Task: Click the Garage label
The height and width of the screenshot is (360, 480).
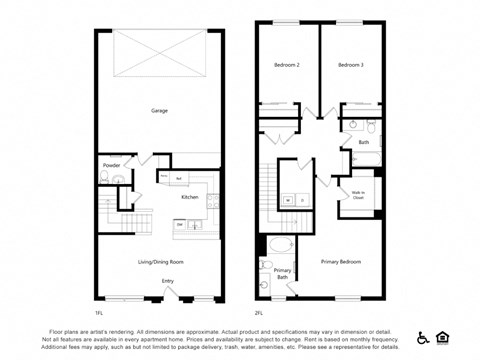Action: [158, 110]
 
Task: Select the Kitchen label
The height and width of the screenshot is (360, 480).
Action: [189, 197]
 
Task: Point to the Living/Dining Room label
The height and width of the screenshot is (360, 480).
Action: [160, 262]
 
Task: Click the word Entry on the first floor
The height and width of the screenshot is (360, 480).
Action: [167, 281]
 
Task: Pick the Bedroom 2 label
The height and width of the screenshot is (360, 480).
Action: [287, 65]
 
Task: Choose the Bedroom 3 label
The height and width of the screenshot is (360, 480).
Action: [350, 65]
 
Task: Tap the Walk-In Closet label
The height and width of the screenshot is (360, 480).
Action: [357, 196]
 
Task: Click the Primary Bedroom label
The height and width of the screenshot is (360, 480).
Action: [340, 262]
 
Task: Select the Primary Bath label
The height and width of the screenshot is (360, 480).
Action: [283, 273]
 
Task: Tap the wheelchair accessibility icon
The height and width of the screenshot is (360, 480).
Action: [423, 337]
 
